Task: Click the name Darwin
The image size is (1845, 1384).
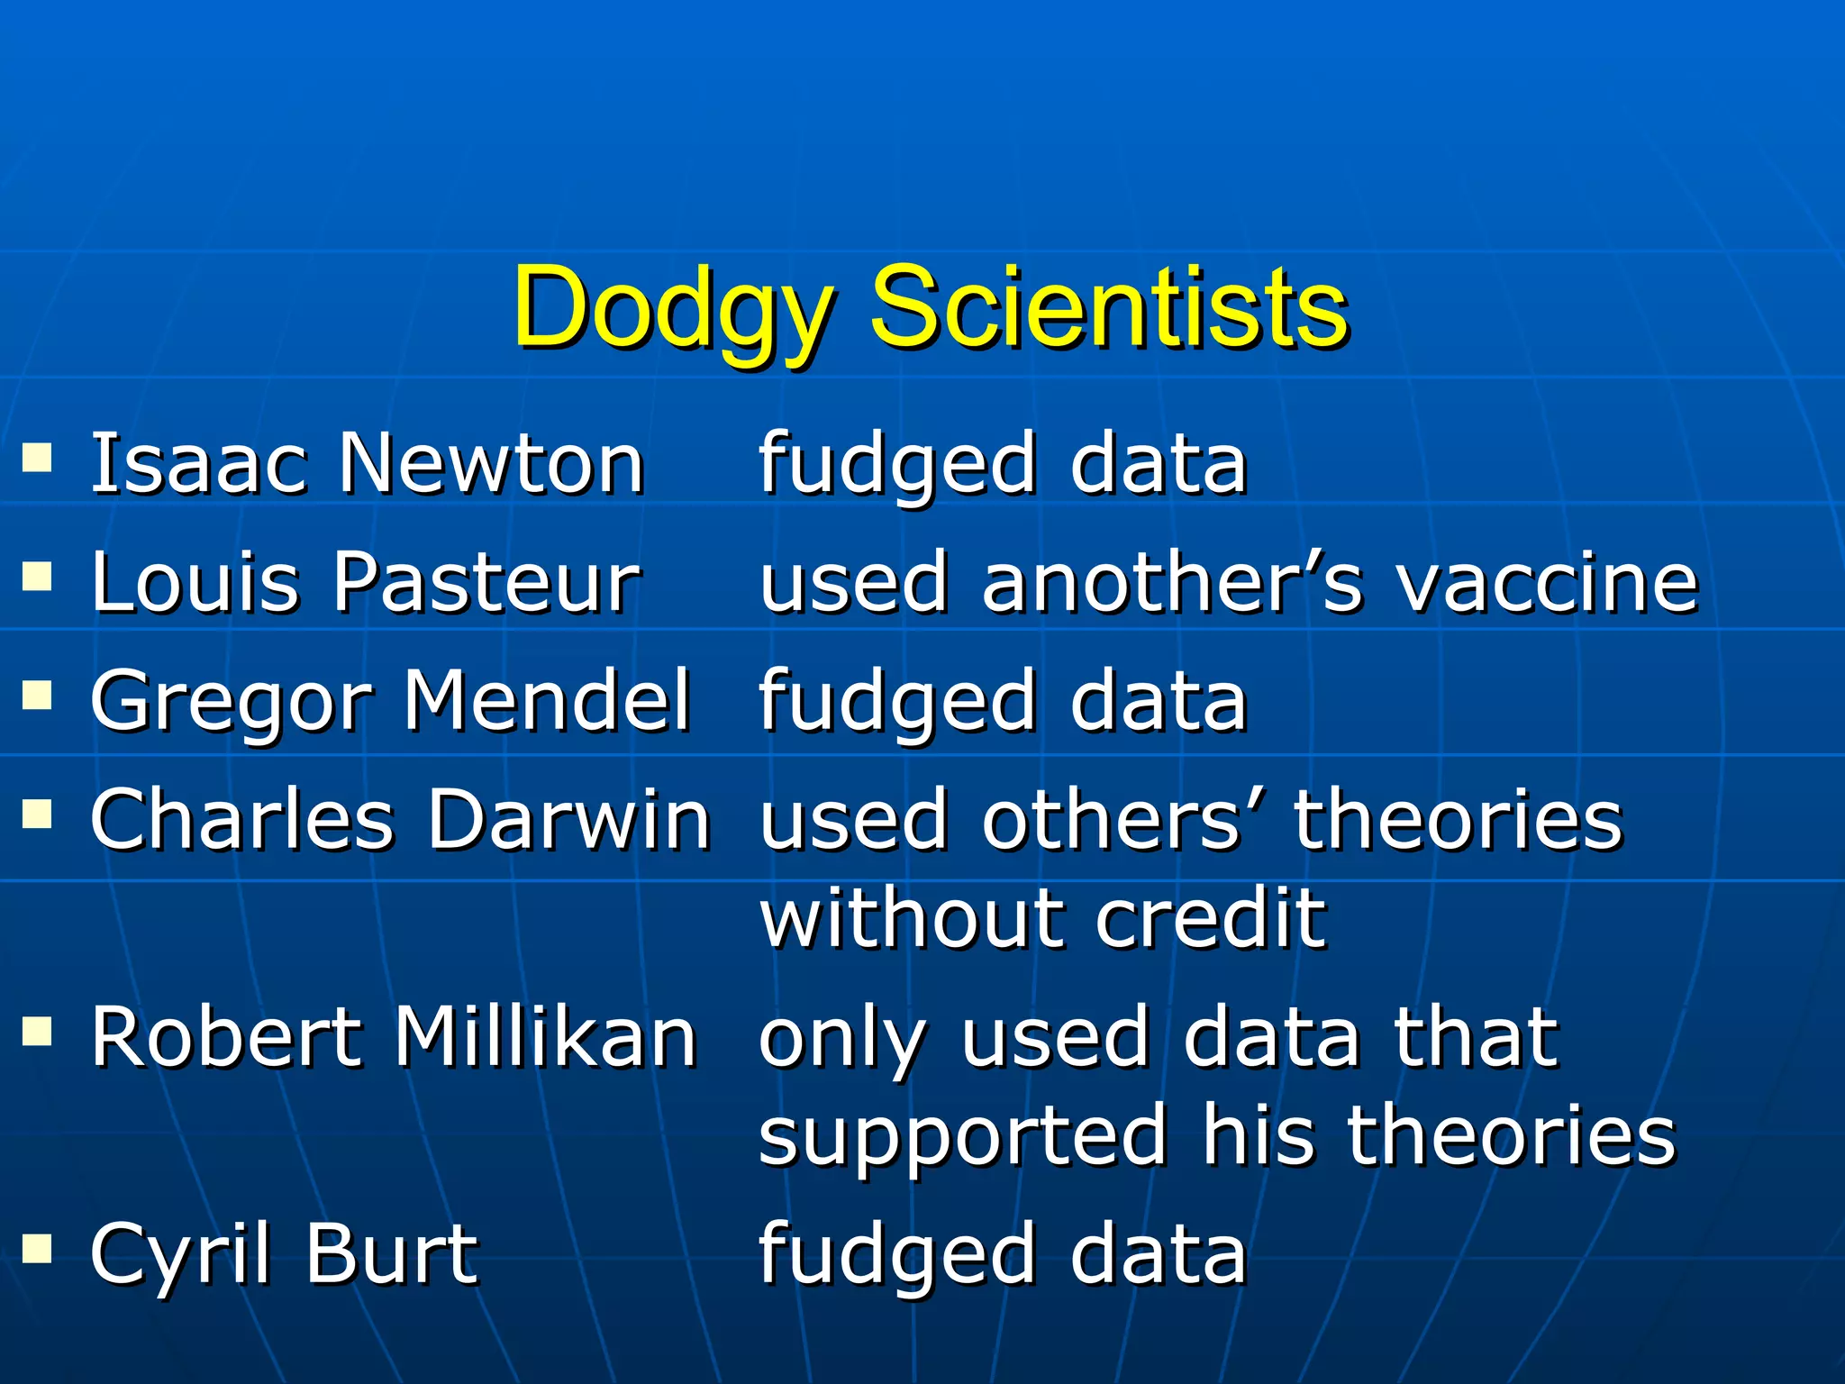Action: (569, 819)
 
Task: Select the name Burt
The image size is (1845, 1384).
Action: (392, 1253)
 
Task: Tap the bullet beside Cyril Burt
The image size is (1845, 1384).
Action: (37, 1249)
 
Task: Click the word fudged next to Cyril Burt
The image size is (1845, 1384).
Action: (897, 1255)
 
